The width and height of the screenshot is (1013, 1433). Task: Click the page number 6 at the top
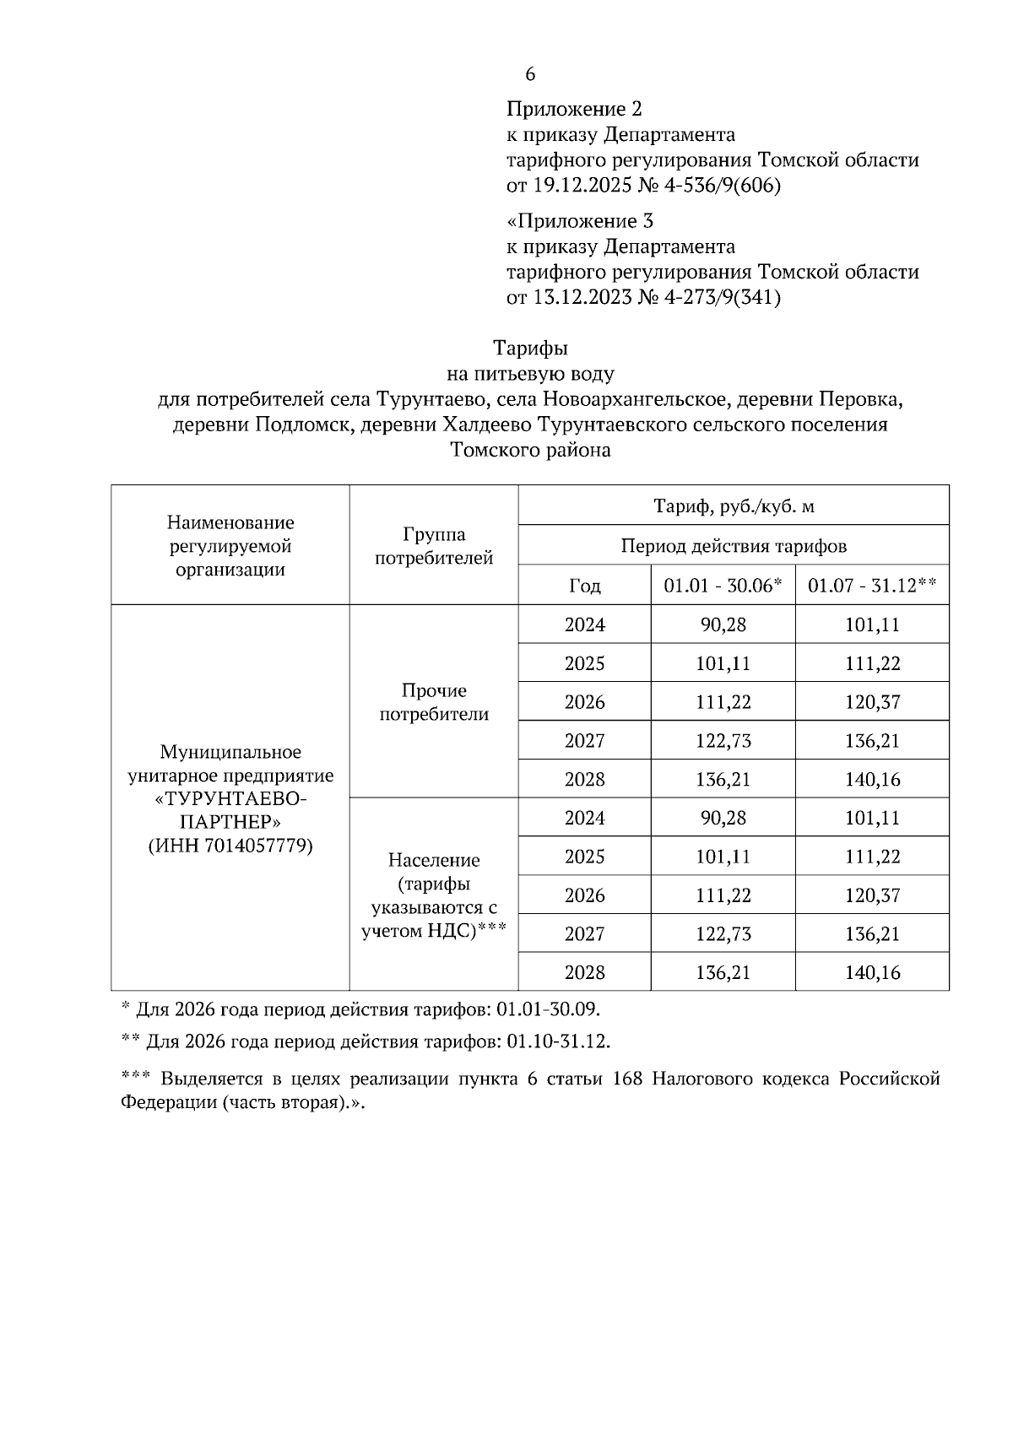tap(530, 74)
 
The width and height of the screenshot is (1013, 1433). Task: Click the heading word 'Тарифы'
tap(530, 348)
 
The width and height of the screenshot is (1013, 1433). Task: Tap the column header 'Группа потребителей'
tap(434, 546)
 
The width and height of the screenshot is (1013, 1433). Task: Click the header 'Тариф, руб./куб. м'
tap(734, 506)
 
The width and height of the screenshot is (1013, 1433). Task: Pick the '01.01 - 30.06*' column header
tap(723, 586)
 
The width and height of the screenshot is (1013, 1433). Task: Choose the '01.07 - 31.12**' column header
tap(872, 586)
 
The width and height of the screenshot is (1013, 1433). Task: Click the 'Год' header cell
tap(584, 586)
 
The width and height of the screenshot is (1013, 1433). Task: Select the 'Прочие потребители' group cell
tap(434, 702)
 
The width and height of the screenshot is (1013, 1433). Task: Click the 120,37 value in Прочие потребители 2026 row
tap(872, 702)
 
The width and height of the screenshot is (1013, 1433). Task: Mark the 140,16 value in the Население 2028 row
tap(872, 972)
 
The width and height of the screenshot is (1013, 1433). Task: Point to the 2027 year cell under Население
tap(584, 934)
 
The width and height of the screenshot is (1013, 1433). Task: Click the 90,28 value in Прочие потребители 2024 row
tap(723, 625)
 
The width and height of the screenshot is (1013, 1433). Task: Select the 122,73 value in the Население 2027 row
tap(723, 934)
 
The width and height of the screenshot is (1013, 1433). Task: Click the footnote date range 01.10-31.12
tap(558, 1041)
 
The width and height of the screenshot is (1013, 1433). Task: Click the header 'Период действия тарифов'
tap(734, 546)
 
